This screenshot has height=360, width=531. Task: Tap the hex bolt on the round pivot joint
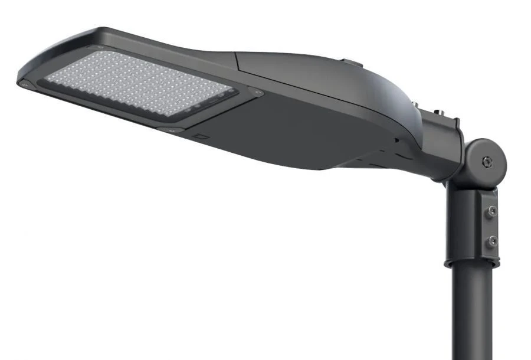[485, 160]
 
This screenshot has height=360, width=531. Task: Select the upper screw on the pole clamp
[491, 211]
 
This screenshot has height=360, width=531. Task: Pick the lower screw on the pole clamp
[491, 240]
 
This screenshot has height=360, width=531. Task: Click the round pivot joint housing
[485, 161]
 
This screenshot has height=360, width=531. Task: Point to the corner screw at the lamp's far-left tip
[24, 84]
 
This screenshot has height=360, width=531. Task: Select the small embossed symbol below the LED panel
[202, 137]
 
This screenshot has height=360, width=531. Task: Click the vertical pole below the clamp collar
[472, 319]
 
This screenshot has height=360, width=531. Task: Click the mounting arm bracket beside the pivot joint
[445, 148]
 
